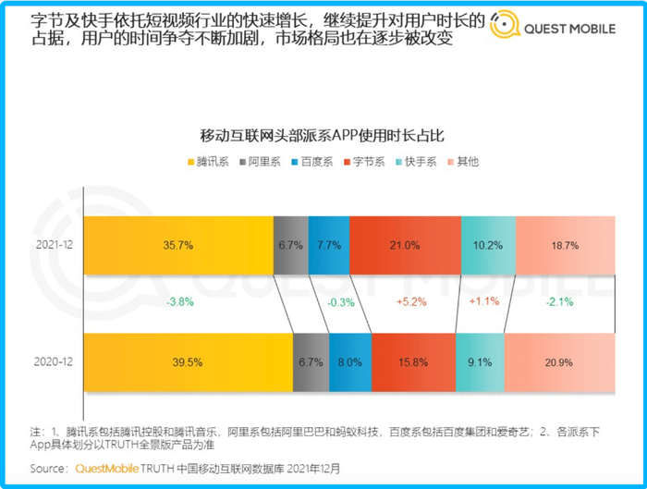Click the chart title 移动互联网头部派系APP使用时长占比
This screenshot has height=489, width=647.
[323, 135]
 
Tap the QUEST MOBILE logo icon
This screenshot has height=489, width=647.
[504, 29]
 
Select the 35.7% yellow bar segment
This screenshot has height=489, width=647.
[178, 246]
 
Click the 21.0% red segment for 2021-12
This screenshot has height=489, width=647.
[404, 246]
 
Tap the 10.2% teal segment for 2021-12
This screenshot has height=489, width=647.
[487, 246]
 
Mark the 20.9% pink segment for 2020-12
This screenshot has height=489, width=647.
[559, 361]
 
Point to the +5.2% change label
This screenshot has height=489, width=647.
[410, 301]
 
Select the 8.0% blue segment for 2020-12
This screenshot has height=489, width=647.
[349, 361]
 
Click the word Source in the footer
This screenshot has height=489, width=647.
[48, 469]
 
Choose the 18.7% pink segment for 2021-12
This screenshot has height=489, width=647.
[565, 246]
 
